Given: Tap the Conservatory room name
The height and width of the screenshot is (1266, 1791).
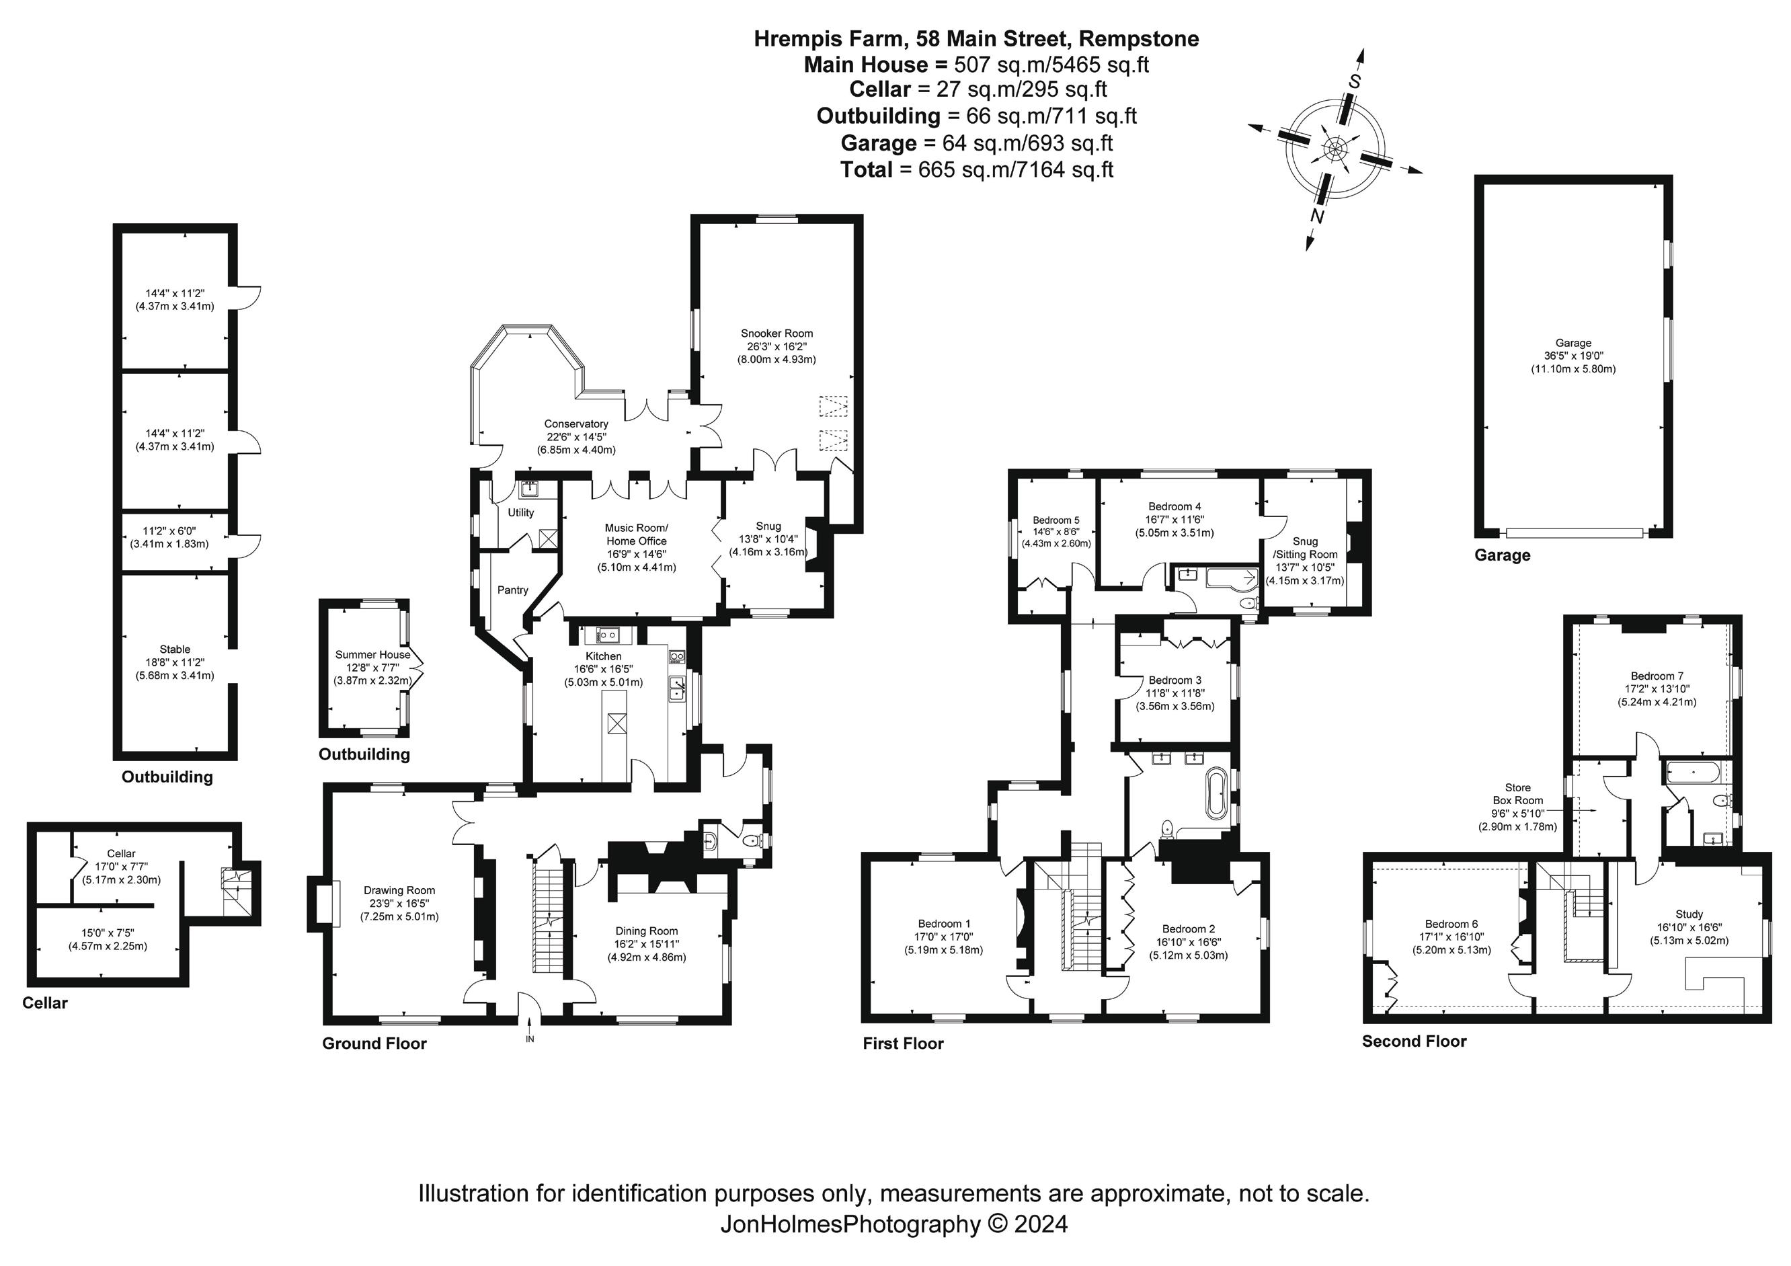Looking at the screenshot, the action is pos(575,424).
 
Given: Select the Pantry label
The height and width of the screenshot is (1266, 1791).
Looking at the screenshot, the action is pos(512,590).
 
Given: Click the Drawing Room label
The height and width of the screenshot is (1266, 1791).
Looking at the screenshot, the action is pos(399,890).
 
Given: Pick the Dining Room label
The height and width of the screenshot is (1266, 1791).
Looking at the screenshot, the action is pos(647,931).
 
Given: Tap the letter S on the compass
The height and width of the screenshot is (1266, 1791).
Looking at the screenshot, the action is pos(1355,81).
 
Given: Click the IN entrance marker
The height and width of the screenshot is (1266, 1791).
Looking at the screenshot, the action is pos(530,1039).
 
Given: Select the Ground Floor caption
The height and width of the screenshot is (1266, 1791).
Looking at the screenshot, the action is pos(374,1043).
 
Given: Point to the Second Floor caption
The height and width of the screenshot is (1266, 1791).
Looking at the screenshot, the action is pos(1415,1041).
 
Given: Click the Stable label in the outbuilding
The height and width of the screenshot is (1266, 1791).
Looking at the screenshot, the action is pos(175,649).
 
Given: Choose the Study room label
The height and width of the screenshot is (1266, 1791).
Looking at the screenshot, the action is pos(1689,914).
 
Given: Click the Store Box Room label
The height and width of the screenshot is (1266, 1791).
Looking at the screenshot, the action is pos(1517,794).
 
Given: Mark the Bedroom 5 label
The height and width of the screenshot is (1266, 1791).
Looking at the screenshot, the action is pos(1056,520).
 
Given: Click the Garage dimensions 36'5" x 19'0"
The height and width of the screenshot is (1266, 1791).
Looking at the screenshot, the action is pos(1573,356).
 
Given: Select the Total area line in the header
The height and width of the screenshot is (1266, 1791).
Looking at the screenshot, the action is pos(977,170).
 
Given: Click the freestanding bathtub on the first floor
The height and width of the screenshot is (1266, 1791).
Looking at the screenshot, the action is pos(1216,795).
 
